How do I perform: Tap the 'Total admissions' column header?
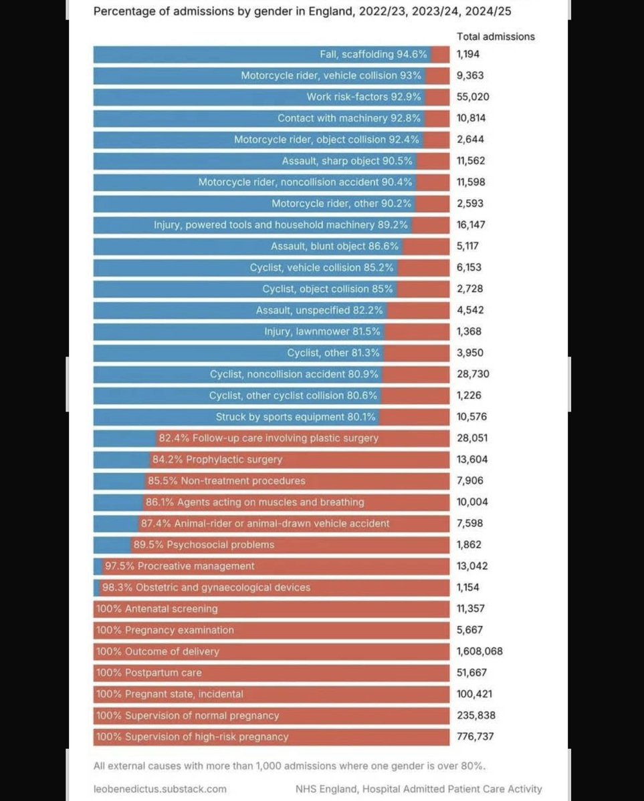point(496,37)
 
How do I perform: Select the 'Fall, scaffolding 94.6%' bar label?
point(373,55)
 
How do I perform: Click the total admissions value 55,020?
point(473,97)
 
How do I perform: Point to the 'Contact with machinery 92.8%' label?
point(349,118)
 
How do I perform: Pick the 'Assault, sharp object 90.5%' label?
point(347,161)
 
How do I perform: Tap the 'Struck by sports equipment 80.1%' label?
point(295,417)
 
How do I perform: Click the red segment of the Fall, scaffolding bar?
point(440,55)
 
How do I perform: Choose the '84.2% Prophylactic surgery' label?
point(217,460)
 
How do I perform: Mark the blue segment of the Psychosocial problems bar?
point(111,545)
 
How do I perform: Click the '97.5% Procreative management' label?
point(179,567)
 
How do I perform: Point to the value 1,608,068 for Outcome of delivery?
point(479,651)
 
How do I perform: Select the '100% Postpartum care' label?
point(148,673)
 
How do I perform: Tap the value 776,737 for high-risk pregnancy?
point(476,737)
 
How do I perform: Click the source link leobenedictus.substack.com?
point(160,789)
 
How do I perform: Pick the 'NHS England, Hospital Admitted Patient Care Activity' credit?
point(419,789)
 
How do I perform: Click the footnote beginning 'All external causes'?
point(290,766)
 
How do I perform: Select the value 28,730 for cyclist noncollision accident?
point(473,374)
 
